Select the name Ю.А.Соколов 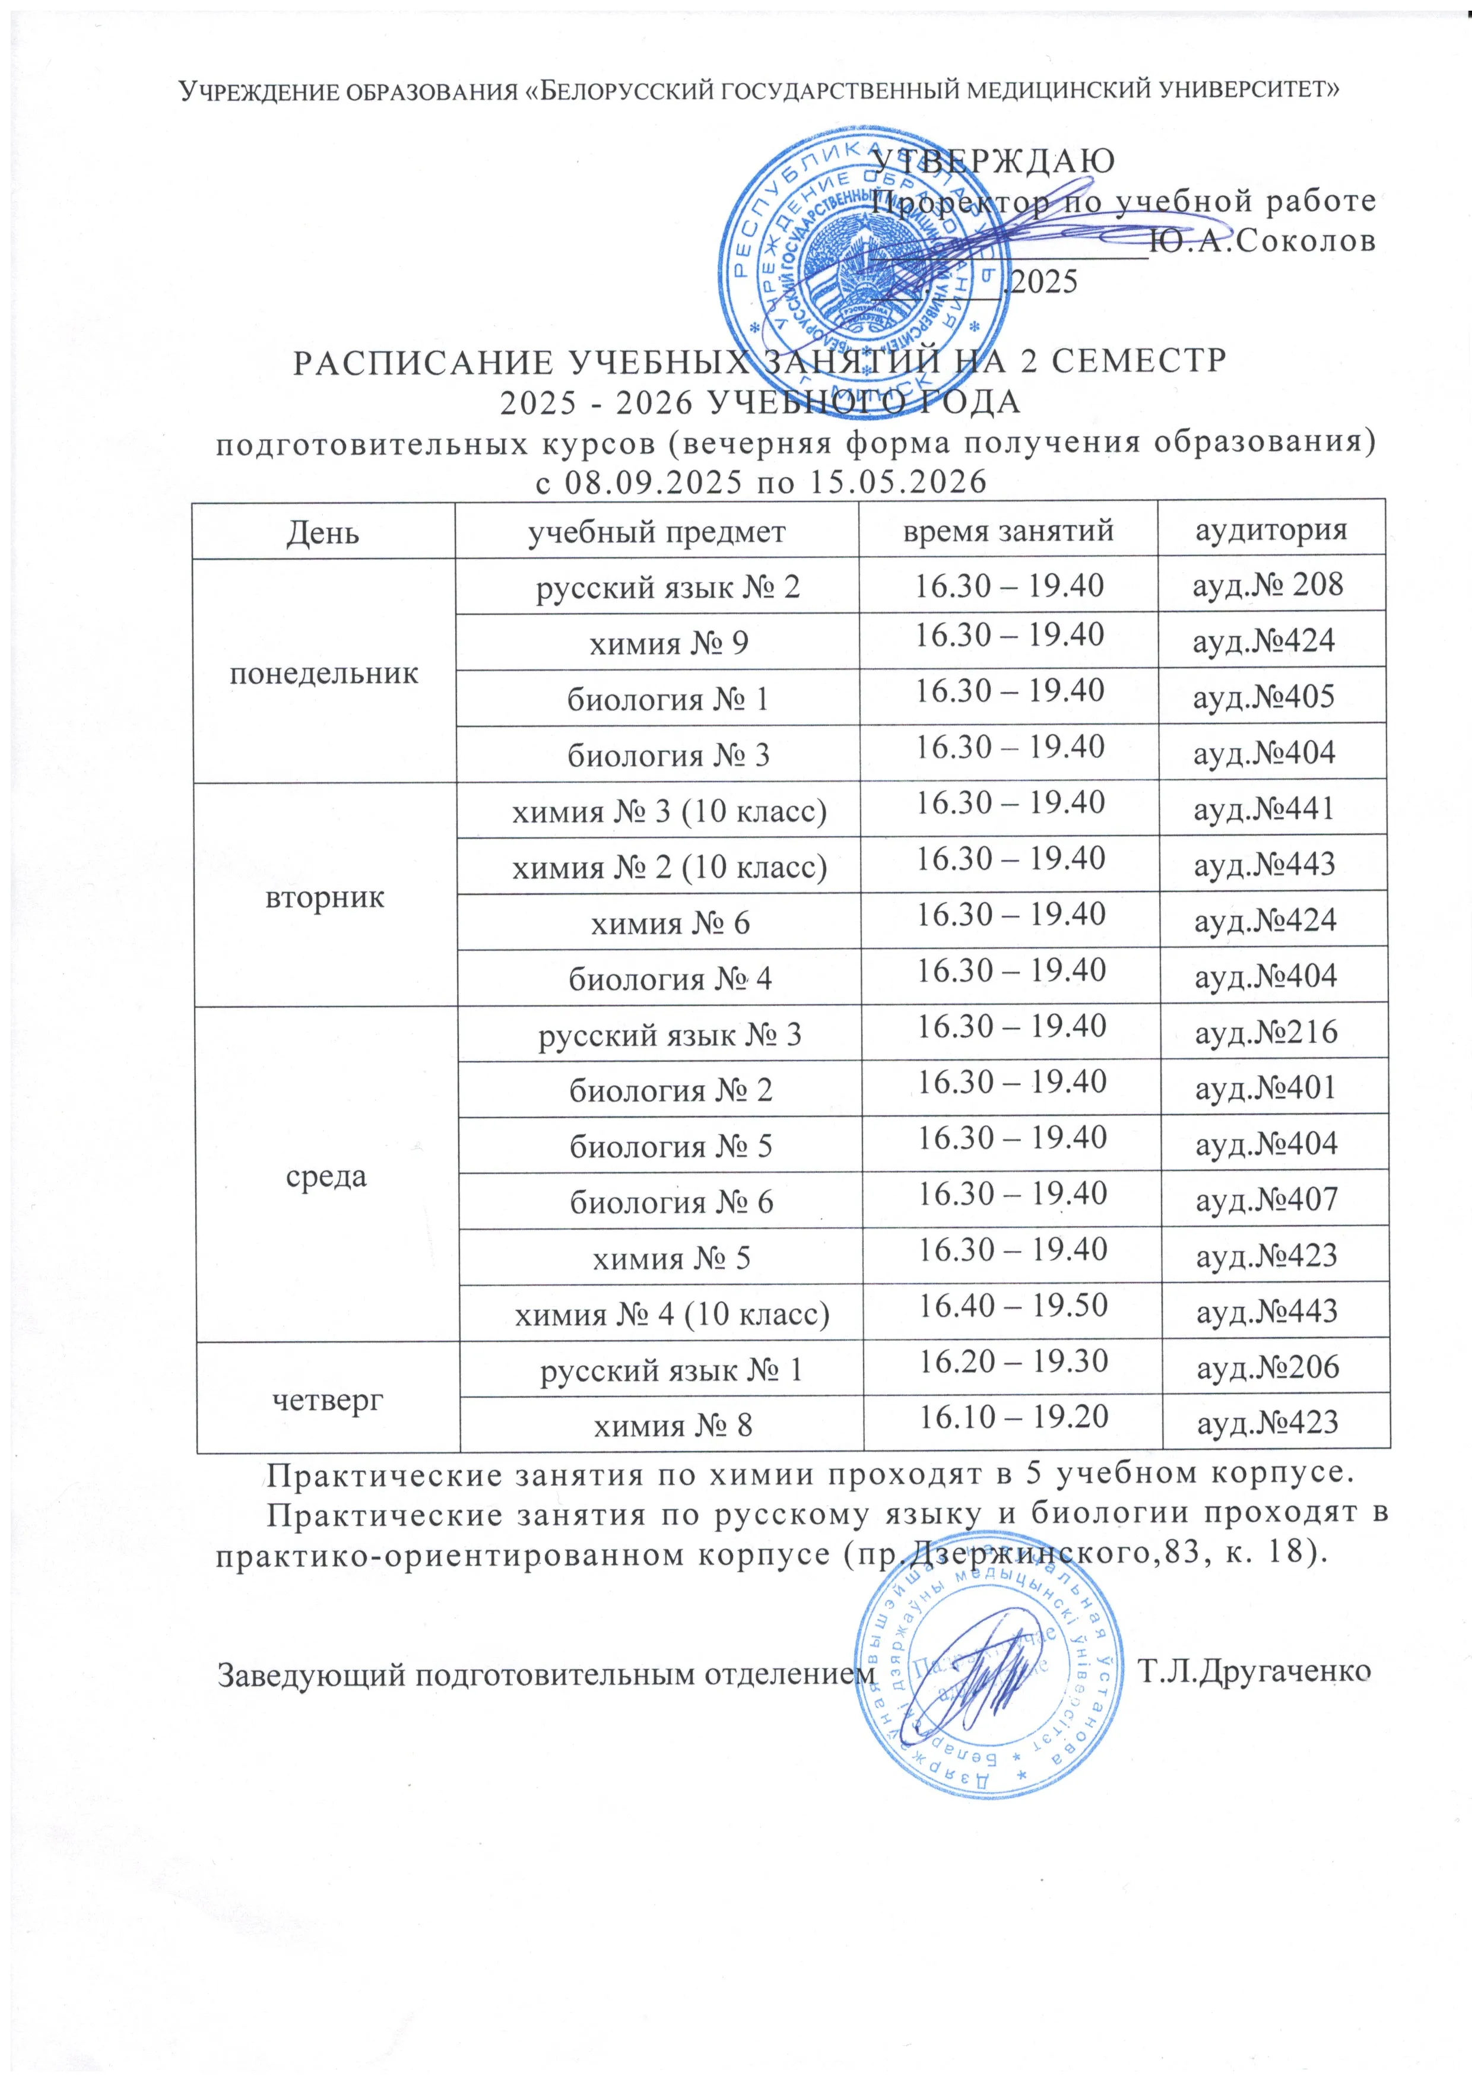point(1261,241)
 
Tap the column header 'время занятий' point(1008,529)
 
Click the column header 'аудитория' point(1271,529)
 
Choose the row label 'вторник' point(324,896)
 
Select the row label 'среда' point(326,1176)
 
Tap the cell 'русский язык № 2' point(668,589)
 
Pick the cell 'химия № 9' point(670,644)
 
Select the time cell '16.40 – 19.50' point(1013,1306)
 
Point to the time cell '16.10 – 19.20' point(1014,1417)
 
